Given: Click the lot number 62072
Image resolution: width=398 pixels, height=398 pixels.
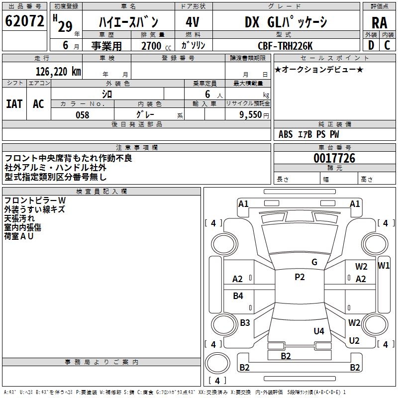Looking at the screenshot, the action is click(24, 21).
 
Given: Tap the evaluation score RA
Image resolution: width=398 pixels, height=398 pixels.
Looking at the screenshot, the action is click(380, 23).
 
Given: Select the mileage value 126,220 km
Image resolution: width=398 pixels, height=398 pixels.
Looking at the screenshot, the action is click(58, 72).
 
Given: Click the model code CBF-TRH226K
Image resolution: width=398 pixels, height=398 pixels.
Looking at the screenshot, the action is click(285, 46).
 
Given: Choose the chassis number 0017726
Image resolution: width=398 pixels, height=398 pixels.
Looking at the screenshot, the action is click(334, 158).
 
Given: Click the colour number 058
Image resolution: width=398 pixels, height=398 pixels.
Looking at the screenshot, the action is click(83, 115).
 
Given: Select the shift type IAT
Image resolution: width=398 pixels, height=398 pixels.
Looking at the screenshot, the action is click(14, 104).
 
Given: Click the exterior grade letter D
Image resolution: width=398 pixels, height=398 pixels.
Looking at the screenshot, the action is click(371, 45).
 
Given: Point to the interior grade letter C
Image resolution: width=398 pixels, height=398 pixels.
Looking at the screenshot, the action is click(387, 45).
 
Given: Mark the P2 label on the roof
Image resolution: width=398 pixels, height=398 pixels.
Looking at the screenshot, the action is click(299, 277).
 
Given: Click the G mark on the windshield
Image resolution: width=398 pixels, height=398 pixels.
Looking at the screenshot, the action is click(314, 262).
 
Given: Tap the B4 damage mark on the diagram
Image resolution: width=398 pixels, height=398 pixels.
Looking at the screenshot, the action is click(238, 296).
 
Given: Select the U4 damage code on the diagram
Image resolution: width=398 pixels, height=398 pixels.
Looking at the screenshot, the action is click(319, 331).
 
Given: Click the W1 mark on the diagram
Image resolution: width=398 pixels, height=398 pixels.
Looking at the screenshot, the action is click(384, 266).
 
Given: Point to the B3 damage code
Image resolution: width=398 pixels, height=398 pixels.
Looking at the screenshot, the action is click(245, 322).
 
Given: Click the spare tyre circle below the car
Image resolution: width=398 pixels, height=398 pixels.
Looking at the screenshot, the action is click(217, 363).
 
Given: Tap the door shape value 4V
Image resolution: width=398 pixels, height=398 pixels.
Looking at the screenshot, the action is click(193, 22).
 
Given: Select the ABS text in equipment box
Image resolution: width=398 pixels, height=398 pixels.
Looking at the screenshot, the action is click(286, 134).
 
